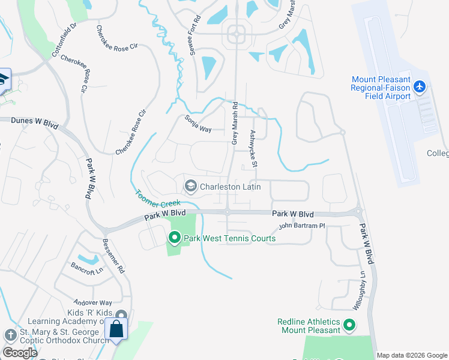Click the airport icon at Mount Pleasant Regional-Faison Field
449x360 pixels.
pos(420,88)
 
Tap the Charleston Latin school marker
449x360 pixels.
pos(191,187)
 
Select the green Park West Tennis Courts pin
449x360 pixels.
pos(175,238)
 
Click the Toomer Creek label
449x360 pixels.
pos(158,199)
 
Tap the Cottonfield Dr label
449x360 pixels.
pos(65,40)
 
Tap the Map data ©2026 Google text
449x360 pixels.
pos(412,355)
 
